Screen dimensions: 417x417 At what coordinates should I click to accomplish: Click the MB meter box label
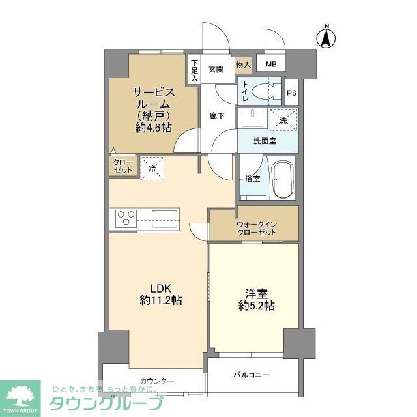pyautogui.click(x=270, y=64)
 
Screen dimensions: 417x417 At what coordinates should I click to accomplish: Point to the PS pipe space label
pyautogui.click(x=291, y=93)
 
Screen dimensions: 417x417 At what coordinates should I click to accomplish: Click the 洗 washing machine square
pyautogui.click(x=283, y=120)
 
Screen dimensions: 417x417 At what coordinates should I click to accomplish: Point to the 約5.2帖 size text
pyautogui.click(x=256, y=305)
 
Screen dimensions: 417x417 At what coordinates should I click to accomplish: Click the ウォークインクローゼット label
pyautogui.click(x=255, y=228)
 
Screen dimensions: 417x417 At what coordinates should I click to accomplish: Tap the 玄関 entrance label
pyautogui.click(x=216, y=68)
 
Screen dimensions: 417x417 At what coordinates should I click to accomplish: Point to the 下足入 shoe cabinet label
pyautogui.click(x=194, y=70)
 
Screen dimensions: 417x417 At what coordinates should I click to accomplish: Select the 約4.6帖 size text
pyautogui.click(x=154, y=128)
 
